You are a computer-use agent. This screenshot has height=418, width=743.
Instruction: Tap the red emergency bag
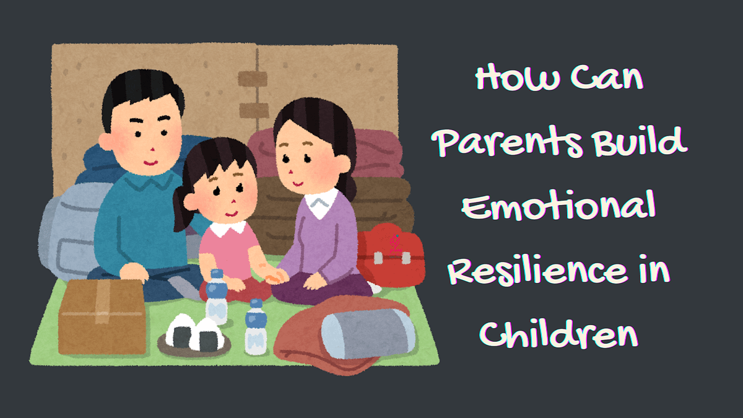[x=389, y=255]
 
